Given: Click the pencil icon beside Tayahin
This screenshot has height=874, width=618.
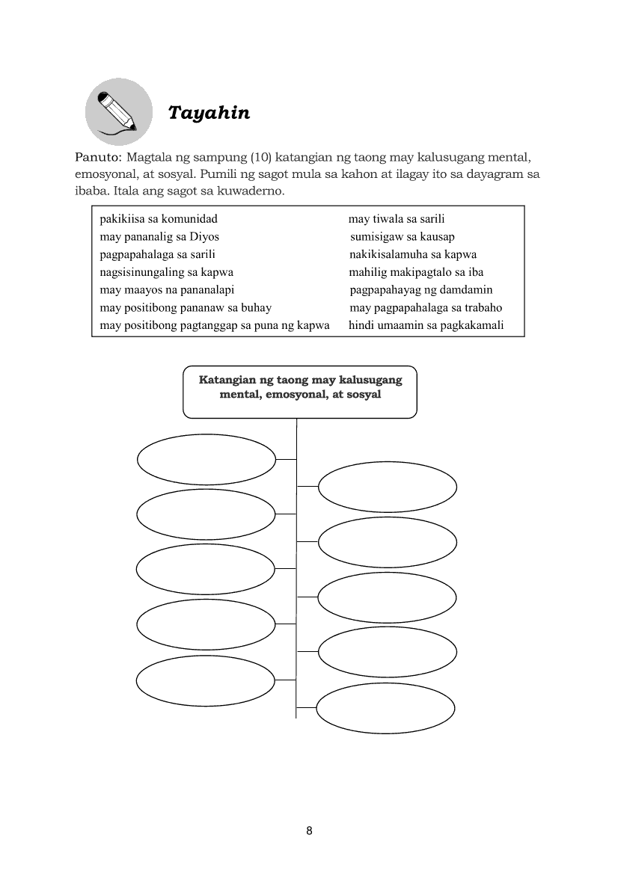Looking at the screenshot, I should [117, 111].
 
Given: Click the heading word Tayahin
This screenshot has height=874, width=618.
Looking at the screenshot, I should [209, 113].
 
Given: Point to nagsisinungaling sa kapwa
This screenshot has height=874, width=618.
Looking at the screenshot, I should [167, 272].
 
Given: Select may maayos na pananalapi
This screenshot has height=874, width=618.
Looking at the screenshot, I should [168, 289].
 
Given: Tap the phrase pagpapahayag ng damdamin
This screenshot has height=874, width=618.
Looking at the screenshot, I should [421, 289].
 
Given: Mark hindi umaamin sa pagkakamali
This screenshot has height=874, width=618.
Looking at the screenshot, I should [426, 325].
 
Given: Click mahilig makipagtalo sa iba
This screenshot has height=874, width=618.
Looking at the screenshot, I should [416, 272].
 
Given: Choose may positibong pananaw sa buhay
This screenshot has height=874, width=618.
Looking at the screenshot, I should [186, 307].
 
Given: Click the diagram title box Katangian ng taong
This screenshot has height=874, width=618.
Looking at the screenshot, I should [300, 391].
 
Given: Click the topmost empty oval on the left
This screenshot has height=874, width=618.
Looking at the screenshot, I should [206, 460].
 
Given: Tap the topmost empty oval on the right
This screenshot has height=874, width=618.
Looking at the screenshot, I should [388, 487].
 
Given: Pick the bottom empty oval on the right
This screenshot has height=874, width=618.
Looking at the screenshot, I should [386, 708].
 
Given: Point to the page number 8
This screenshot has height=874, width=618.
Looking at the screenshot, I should [309, 831].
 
